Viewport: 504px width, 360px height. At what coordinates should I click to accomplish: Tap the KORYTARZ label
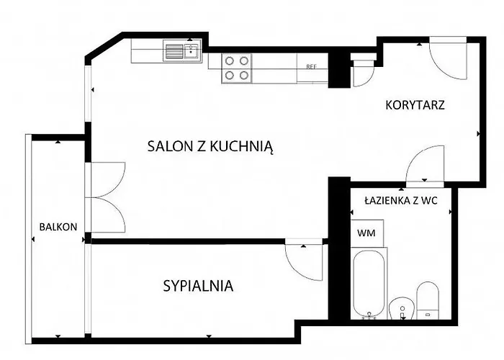(x=415, y=104)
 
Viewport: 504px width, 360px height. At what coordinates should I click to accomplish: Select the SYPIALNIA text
(x=199, y=286)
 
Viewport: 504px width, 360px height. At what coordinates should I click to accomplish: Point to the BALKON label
(x=58, y=227)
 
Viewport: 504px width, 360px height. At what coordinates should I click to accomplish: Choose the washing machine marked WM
(x=366, y=233)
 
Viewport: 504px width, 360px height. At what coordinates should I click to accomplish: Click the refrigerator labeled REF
(x=311, y=66)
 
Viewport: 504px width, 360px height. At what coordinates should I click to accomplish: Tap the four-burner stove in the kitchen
(x=236, y=67)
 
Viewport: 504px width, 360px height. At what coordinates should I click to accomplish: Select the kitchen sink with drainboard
(x=181, y=51)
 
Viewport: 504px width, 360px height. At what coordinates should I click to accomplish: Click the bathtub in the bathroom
(x=368, y=283)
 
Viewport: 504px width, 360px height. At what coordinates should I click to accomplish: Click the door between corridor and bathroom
(x=425, y=166)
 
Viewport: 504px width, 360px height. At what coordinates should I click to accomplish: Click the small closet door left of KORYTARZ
(x=362, y=73)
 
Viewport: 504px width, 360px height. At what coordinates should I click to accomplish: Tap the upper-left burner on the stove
(x=229, y=60)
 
